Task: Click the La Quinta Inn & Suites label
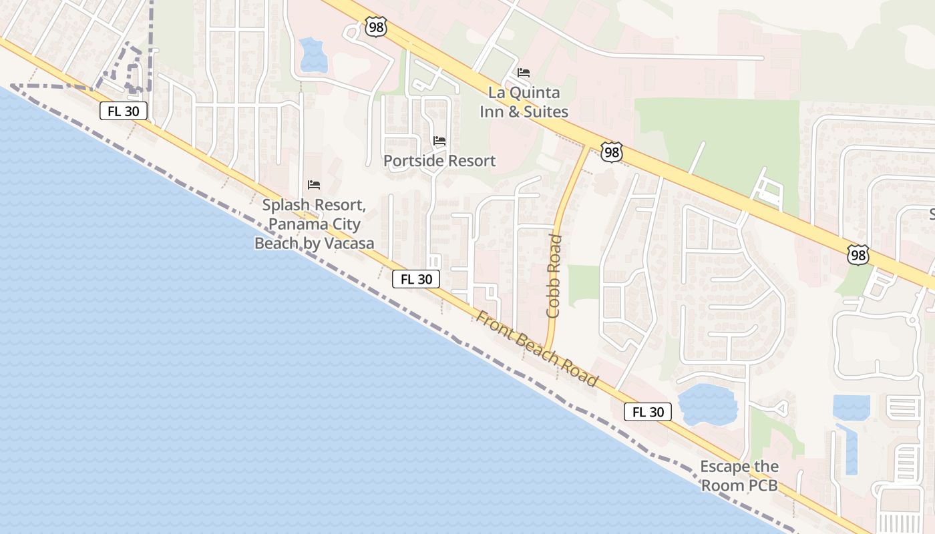point(524,102)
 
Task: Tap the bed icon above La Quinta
point(524,73)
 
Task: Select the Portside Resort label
point(439,161)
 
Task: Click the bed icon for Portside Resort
point(439,141)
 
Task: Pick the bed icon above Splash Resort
point(314,185)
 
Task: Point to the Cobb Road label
point(554,276)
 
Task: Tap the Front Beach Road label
point(536,348)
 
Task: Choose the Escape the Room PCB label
point(739,476)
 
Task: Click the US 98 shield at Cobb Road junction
point(611,152)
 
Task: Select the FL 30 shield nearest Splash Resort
point(415,279)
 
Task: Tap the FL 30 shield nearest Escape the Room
point(648,412)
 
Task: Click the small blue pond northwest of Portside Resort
point(313,55)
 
